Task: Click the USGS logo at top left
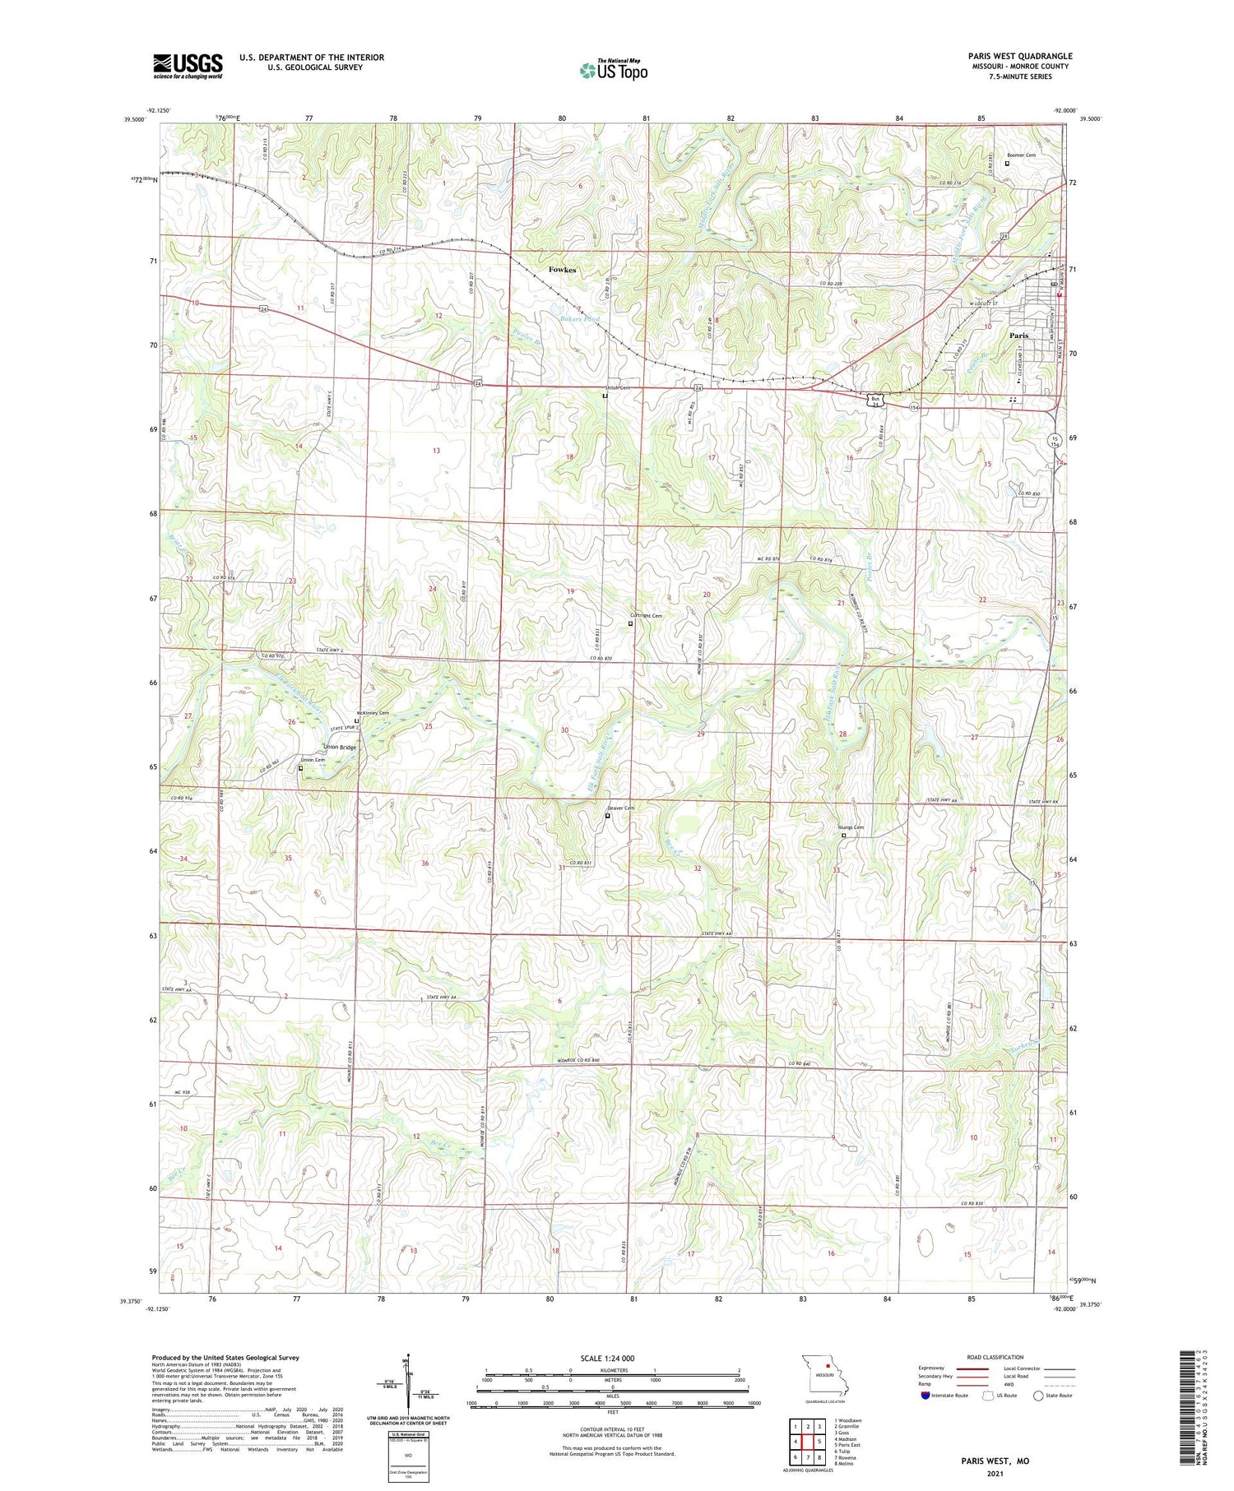188,66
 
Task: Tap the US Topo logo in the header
613,71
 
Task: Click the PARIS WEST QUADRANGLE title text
1019,56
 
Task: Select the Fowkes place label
563,270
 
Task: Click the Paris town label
1018,336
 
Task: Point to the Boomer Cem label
1021,155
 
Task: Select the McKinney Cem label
373,712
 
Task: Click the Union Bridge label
340,747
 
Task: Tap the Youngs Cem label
851,827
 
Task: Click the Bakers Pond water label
580,318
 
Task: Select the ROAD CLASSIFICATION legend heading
995,1357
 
